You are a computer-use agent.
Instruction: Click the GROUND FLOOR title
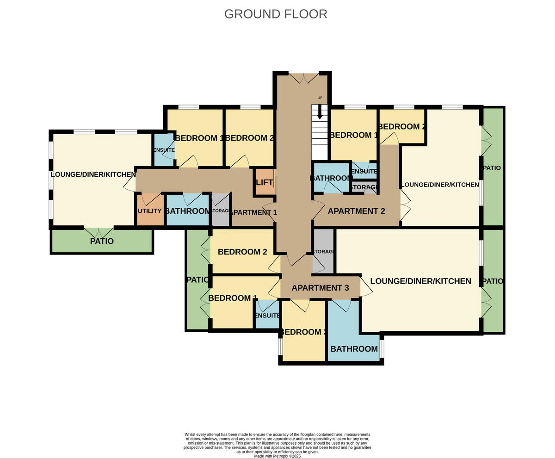[276, 14]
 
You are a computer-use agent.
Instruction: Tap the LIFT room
[264, 182]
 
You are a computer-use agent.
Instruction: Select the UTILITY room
[150, 211]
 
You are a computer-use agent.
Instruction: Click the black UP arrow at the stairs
[320, 113]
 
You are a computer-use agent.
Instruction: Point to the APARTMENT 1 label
[253, 212]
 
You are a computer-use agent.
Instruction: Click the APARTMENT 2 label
[356, 211]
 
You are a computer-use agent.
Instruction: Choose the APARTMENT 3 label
[320, 288]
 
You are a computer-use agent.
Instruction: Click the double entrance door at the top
[303, 78]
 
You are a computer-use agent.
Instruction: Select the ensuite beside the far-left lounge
[163, 150]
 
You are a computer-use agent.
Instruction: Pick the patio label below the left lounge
[102, 241]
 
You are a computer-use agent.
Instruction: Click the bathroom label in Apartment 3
[354, 348]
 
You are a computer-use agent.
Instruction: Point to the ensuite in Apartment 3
[267, 316]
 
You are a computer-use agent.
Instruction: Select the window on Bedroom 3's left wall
[280, 347]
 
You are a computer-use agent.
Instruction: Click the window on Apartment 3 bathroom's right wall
[382, 348]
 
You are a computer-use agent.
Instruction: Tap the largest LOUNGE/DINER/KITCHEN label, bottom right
[420, 281]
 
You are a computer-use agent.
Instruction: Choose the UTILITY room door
[150, 199]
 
